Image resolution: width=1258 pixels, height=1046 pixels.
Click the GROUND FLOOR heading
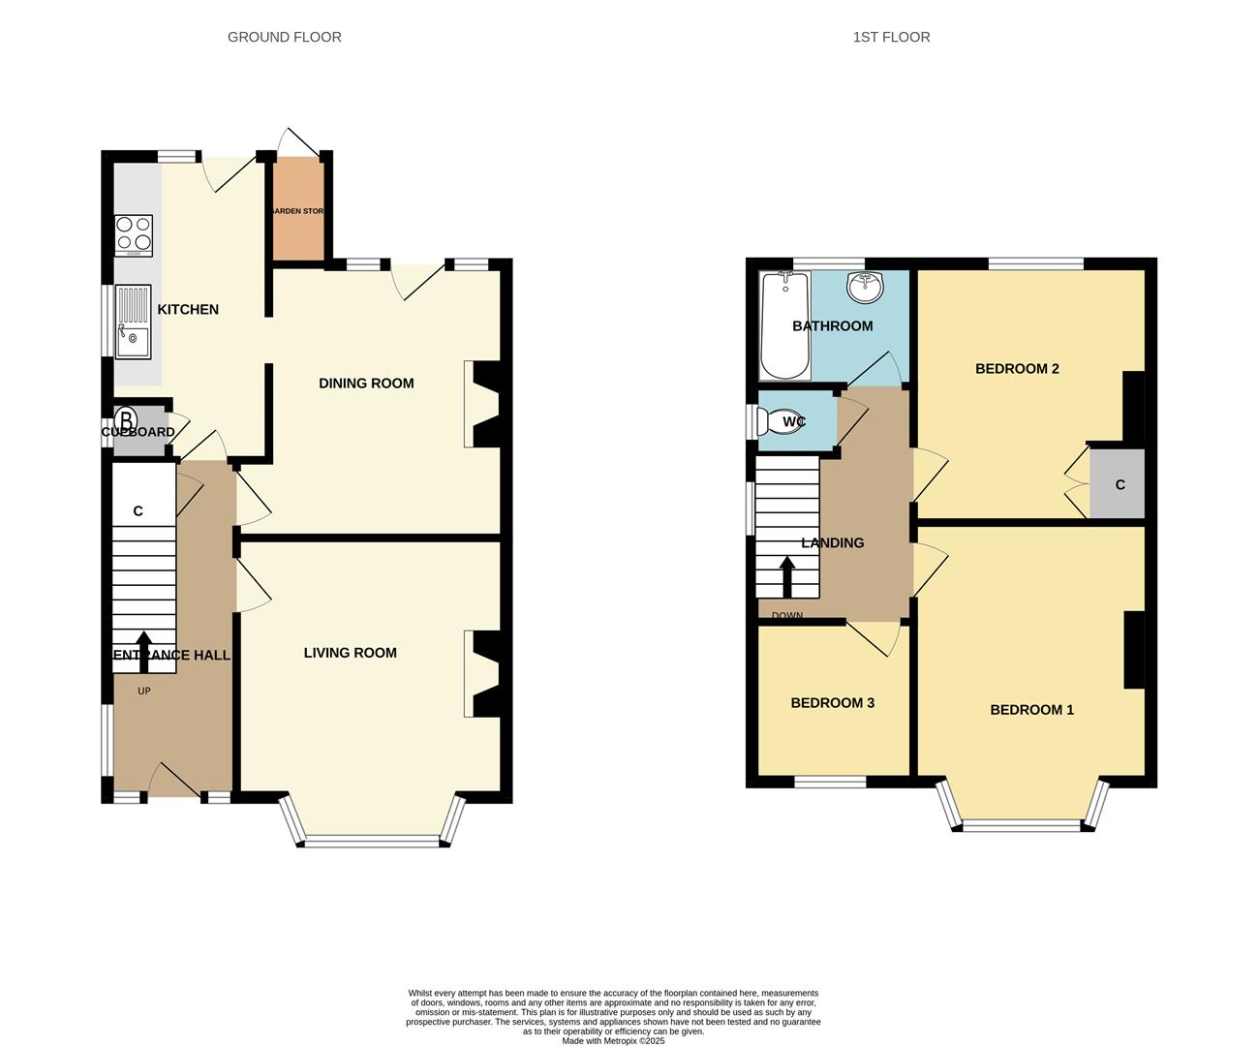click(284, 37)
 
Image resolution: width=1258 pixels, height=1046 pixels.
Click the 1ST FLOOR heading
click(891, 37)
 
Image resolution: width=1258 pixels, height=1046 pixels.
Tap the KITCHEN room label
click(188, 310)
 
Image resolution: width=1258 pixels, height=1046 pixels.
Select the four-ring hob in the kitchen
click(134, 234)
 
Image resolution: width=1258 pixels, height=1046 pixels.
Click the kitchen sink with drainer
click(133, 322)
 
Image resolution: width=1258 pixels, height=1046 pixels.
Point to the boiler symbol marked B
click(126, 422)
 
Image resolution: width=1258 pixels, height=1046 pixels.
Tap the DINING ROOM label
click(366, 384)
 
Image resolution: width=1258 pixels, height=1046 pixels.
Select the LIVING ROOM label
click(350, 653)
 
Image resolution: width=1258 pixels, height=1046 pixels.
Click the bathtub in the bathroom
click(783, 325)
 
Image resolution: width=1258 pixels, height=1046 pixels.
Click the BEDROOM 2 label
click(1017, 369)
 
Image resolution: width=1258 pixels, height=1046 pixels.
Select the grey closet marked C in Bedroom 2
click(1118, 484)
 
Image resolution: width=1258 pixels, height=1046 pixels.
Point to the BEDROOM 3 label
click(832, 703)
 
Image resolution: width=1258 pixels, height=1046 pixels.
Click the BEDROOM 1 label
click(1031, 710)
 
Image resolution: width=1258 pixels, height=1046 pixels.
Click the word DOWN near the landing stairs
click(786, 616)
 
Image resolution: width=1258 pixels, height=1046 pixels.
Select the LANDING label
click(832, 543)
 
